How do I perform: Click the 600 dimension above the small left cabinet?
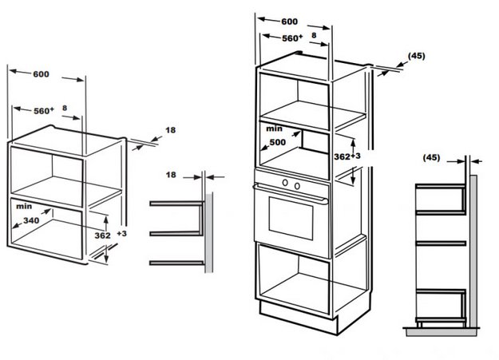tap(42, 74)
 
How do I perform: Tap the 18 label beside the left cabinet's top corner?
tap(170, 129)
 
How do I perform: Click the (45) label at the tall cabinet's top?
tap(416, 56)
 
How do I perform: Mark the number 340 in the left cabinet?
tap(31, 220)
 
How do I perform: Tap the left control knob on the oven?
tap(285, 184)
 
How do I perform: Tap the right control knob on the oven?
tap(296, 184)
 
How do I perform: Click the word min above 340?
tap(22, 206)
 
